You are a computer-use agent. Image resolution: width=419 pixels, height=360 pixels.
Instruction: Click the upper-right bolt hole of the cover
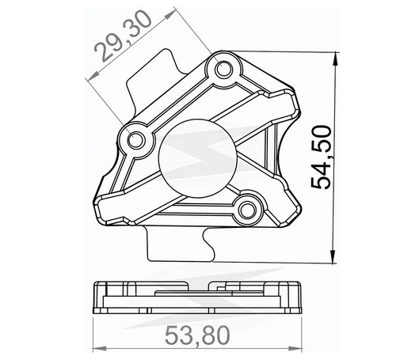[x=225, y=71]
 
